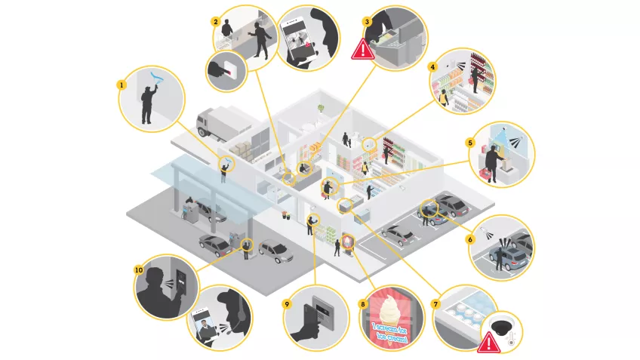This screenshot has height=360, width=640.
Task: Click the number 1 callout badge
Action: (120, 85)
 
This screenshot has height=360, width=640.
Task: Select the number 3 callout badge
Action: (367, 22)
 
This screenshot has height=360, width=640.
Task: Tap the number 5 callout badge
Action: (469, 142)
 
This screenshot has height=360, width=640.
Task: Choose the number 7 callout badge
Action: (435, 304)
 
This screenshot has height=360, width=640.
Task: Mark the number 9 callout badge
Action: (287, 304)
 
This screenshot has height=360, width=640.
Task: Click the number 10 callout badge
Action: (139, 269)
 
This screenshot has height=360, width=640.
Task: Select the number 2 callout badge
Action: (216, 22)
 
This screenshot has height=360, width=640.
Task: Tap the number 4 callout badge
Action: (432, 66)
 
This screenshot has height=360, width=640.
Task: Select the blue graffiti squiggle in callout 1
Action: (155, 77)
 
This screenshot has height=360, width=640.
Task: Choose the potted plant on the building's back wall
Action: (322, 109)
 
